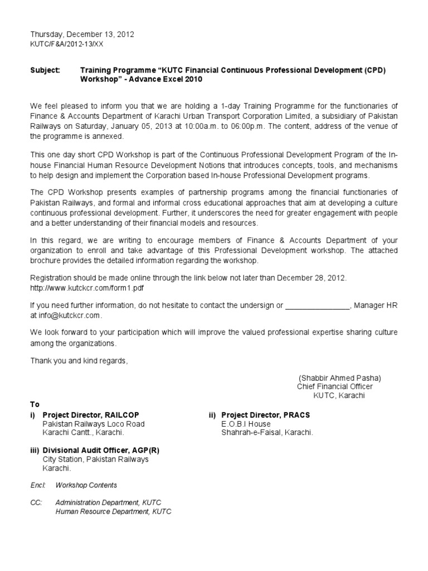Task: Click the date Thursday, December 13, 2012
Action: click(x=82, y=35)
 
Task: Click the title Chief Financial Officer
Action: click(x=335, y=386)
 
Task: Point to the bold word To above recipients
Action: click(x=35, y=404)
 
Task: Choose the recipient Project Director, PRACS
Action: click(x=265, y=415)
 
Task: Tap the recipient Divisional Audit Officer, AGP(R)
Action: click(x=104, y=451)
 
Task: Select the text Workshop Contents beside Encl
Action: click(x=86, y=485)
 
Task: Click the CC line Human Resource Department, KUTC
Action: click(x=113, y=511)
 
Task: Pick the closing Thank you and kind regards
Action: click(x=79, y=361)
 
